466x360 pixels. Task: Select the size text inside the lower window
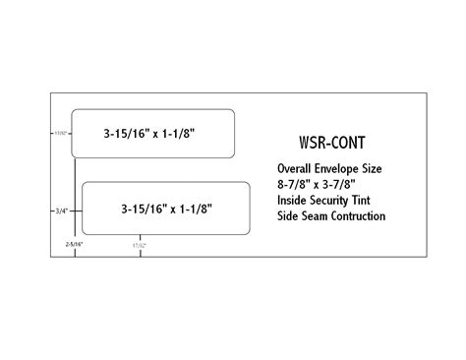tap(167, 209)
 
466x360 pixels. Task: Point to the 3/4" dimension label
tap(61, 209)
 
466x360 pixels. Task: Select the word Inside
tap(289, 201)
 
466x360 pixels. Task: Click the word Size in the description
tap(379, 169)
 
